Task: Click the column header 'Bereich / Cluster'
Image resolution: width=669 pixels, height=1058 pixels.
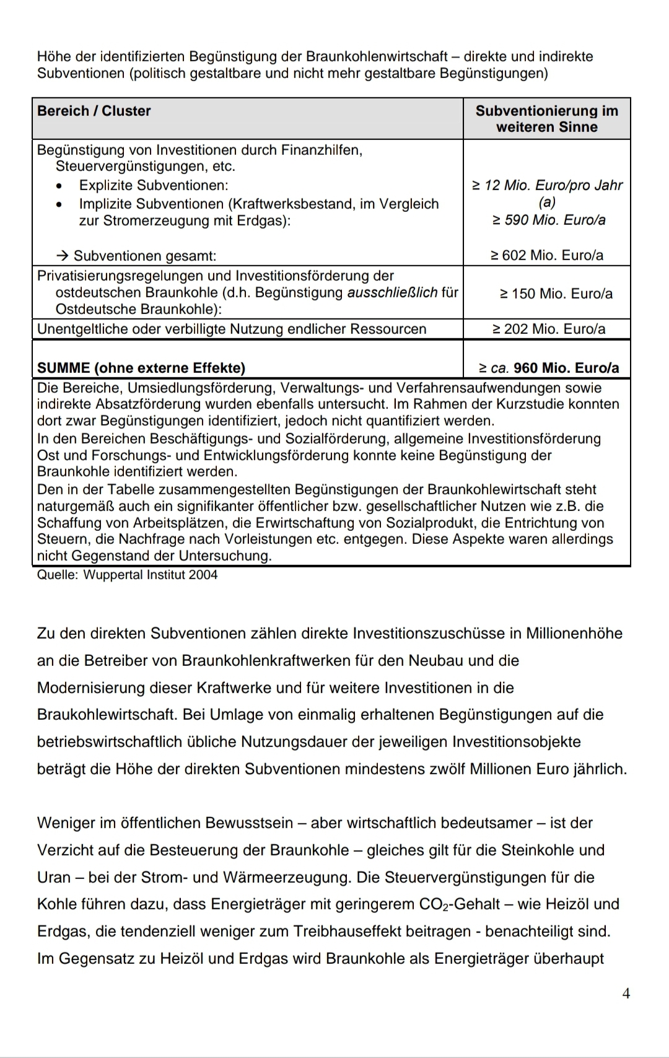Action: pyautogui.click(x=94, y=111)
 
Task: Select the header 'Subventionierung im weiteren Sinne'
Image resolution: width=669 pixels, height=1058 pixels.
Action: pyautogui.click(x=546, y=119)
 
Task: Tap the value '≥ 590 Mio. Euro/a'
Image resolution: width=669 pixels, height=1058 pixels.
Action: pyautogui.click(x=548, y=220)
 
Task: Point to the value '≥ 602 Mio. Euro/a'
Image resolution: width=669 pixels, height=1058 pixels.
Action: pyautogui.click(x=547, y=255)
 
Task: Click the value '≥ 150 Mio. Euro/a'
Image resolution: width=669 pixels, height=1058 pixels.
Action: pyautogui.click(x=556, y=294)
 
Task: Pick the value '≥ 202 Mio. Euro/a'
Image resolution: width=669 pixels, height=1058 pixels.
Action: pyautogui.click(x=548, y=329)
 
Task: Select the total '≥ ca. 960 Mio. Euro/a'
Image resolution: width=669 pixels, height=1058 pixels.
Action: pyautogui.click(x=549, y=368)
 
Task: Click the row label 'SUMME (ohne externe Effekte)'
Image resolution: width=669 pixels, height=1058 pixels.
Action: pyautogui.click(x=141, y=368)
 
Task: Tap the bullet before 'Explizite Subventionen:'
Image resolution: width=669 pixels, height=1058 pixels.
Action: pyautogui.click(x=59, y=186)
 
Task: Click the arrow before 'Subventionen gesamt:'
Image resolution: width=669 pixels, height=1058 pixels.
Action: pyautogui.click(x=62, y=256)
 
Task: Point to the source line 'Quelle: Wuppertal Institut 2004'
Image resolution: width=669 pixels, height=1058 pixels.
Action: pyautogui.click(x=128, y=575)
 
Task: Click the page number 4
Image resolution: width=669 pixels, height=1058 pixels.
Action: pyautogui.click(x=626, y=994)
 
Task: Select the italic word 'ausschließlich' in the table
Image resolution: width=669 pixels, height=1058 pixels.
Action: pyautogui.click(x=392, y=292)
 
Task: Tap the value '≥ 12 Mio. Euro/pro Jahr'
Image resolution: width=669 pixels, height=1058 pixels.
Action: pyautogui.click(x=547, y=185)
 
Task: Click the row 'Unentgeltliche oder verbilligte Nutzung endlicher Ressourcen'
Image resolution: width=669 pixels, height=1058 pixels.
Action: pyautogui.click(x=232, y=329)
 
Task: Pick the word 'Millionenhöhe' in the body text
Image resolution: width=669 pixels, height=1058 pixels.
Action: pyautogui.click(x=574, y=633)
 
